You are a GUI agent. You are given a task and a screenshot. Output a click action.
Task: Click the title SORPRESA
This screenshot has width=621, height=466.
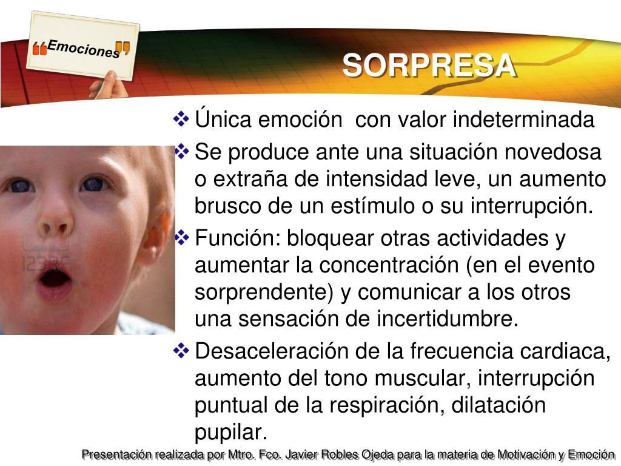tap(429, 66)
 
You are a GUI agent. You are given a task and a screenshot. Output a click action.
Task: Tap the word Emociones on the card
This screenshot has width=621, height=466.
tap(83, 49)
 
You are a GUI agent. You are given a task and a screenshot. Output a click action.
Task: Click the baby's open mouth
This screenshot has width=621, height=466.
tap(55, 280)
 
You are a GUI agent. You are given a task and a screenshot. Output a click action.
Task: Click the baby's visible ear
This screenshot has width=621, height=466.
tap(156, 237)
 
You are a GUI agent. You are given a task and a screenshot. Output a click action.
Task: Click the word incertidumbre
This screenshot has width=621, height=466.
tap(448, 319)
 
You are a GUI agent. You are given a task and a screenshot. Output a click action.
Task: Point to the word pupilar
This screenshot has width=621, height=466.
tap(231, 433)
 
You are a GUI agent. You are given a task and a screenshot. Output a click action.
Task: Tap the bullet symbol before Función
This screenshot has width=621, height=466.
tap(182, 237)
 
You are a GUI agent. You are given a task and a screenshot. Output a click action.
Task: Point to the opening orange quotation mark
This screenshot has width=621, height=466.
tap(39, 49)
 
